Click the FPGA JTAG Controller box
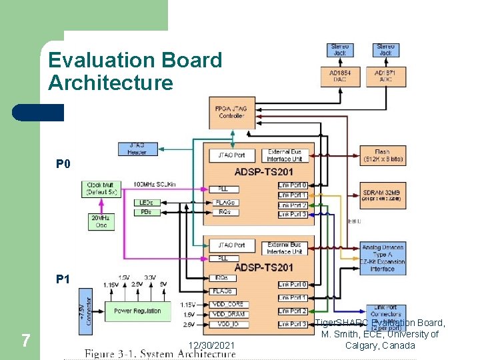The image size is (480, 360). pos(231,112)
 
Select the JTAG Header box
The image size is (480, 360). pos(137,149)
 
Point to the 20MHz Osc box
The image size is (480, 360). pos(102,221)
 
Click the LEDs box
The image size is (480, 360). pos(146,202)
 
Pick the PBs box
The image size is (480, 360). pos(146,212)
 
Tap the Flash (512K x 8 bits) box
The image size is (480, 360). pos(382,155)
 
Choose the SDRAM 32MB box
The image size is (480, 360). pos(382,194)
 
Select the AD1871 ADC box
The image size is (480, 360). pos(385,75)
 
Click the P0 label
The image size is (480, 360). pos(63,164)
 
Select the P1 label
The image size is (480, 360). pos(63,279)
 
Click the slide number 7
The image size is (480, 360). pos(25,341)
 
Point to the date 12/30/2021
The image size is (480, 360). pos(211,345)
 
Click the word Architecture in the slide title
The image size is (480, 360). pos(110,83)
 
